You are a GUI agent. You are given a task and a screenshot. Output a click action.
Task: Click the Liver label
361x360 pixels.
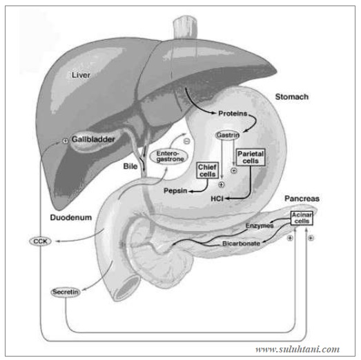(81, 74)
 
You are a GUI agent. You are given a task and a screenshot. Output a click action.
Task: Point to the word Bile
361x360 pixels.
(132, 166)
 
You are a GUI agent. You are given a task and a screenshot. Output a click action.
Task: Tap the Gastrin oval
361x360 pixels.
(227, 135)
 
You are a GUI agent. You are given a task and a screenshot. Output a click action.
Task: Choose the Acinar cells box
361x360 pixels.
(302, 219)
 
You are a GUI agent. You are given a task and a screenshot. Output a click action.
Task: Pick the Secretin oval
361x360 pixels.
(65, 292)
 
